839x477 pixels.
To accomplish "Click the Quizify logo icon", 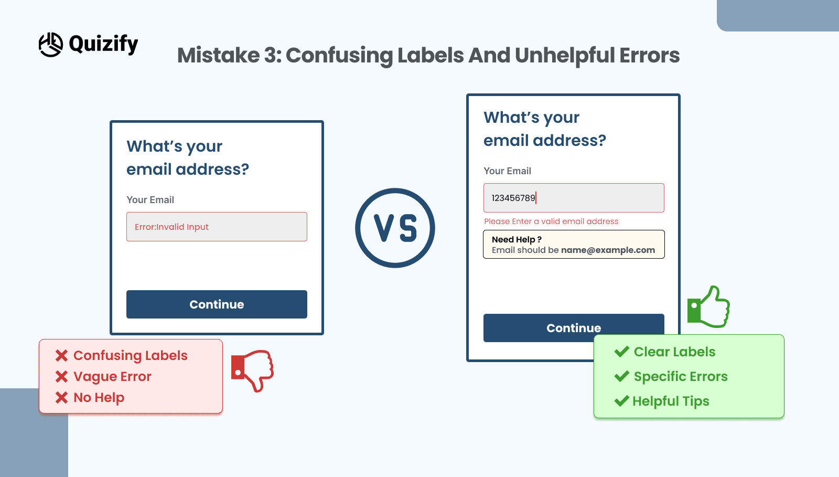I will click(x=51, y=45).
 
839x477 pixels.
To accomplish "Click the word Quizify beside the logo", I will click(x=103, y=44).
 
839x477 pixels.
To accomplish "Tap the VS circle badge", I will click(x=395, y=228).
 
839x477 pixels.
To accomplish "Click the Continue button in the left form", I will click(x=217, y=304).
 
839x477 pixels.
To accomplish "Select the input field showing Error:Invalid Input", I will click(x=217, y=227).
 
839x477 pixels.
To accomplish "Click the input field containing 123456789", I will click(x=574, y=198).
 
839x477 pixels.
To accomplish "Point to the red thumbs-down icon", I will click(x=253, y=370).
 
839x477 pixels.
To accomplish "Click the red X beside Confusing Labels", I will click(x=62, y=356).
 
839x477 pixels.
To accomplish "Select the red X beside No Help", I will click(x=62, y=398).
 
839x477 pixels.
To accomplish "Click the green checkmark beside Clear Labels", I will click(x=622, y=352).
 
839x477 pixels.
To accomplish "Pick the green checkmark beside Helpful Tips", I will click(x=622, y=401).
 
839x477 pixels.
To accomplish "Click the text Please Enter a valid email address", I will click(x=551, y=221).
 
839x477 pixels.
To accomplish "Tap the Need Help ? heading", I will click(x=517, y=239).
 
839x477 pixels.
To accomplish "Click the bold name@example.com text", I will click(x=608, y=250).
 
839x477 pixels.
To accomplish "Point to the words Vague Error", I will click(x=112, y=377).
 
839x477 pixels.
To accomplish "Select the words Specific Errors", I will click(x=681, y=377).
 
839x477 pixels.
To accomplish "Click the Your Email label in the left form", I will click(x=150, y=200).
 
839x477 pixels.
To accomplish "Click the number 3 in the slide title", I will click(x=270, y=56).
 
